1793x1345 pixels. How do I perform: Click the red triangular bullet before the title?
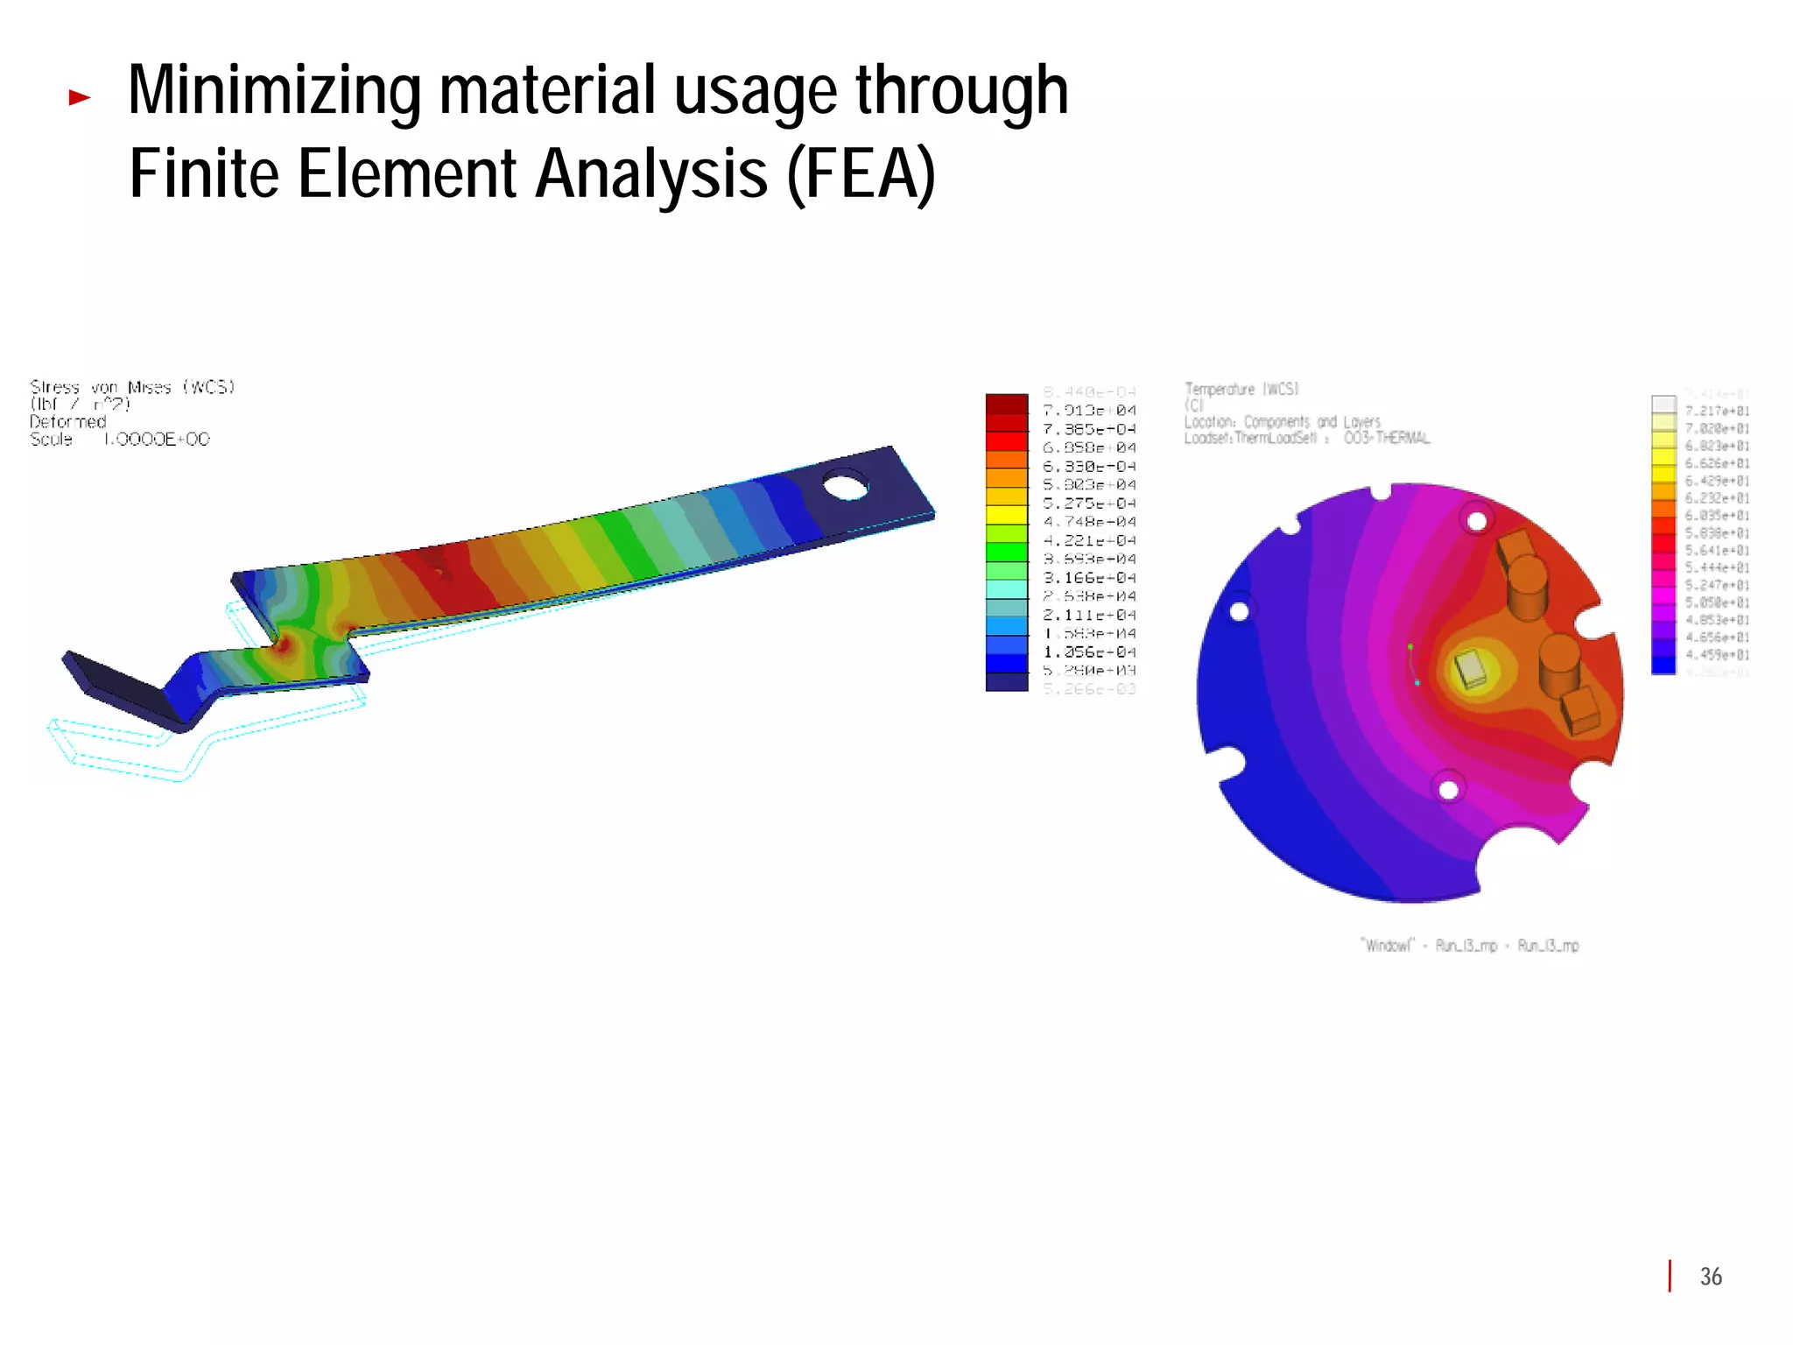coord(80,97)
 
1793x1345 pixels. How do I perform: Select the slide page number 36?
coord(1711,1277)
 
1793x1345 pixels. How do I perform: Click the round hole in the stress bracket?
coord(846,484)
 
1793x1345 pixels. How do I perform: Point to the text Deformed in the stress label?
coord(67,422)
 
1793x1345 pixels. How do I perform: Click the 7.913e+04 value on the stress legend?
coord(1089,411)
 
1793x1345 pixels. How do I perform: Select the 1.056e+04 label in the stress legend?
coord(1089,652)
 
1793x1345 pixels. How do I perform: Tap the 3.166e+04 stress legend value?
coord(1089,578)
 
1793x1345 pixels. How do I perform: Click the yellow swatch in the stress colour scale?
coord(1007,515)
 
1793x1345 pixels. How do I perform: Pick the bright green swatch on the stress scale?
coord(1007,552)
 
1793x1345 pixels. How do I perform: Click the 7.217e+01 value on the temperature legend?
coord(1717,411)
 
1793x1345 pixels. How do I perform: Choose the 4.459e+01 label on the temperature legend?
coord(1717,655)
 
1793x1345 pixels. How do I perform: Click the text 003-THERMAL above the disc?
coord(1387,438)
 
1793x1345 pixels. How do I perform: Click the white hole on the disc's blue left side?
coord(1240,610)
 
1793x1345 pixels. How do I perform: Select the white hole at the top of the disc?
coord(1477,522)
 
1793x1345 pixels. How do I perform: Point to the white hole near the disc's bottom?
coord(1448,790)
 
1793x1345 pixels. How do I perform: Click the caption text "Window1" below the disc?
coord(1388,946)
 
